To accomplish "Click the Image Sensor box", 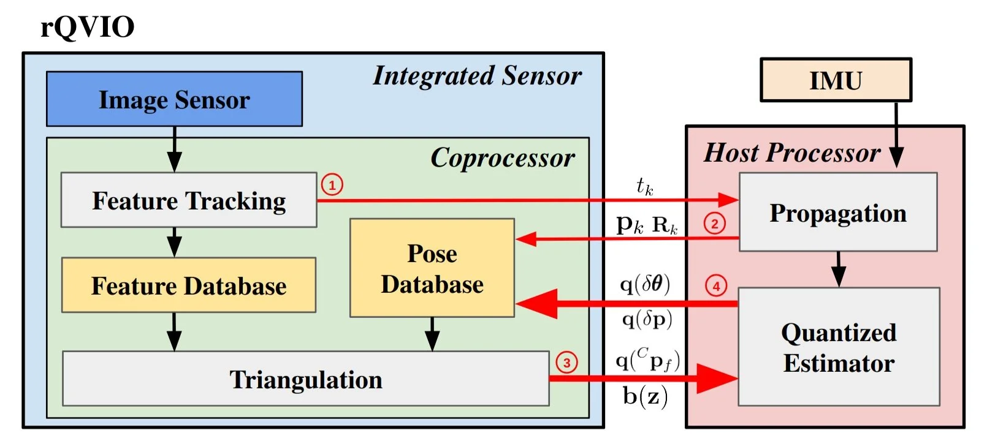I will point(174,99).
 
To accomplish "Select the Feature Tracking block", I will point(188,200).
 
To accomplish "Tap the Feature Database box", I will point(188,285).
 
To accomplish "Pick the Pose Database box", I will point(432,268).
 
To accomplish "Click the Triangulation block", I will point(305,379).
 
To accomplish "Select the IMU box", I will point(836,80).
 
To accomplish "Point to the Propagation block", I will point(837,213).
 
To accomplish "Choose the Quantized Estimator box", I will point(838,347).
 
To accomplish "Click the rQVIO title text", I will point(87,27).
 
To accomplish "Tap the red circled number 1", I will point(332,184).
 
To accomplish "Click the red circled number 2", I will point(714,223).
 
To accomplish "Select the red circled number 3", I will point(566,363).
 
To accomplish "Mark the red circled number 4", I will point(715,285).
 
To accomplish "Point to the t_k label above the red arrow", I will point(644,186).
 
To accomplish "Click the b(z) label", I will point(645,396).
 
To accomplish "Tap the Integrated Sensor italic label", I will point(477,76).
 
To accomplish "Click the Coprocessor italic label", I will point(502,158).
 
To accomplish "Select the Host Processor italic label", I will point(791,153).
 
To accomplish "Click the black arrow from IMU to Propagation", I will point(896,135).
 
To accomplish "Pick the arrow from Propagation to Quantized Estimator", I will point(838,268).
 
